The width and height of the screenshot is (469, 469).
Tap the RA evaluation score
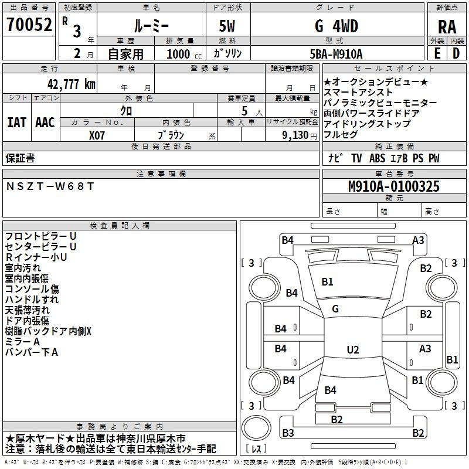pyautogui.click(x=447, y=26)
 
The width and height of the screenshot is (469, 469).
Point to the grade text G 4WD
pyautogui.click(x=337, y=26)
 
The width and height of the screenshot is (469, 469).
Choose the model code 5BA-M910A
pyautogui.click(x=336, y=54)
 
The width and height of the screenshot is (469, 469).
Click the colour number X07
pyautogui.click(x=97, y=135)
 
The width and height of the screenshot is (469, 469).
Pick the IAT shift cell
pyautogui.click(x=16, y=123)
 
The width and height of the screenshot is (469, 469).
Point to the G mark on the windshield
pyautogui.click(x=335, y=308)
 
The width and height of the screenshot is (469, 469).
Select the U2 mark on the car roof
pyautogui.click(x=352, y=350)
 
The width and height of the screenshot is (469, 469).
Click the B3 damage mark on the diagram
pyautogui.click(x=288, y=433)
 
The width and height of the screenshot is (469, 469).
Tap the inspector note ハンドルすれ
pyautogui.click(x=32, y=300)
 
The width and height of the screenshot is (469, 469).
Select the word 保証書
pyautogui.click(x=20, y=158)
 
